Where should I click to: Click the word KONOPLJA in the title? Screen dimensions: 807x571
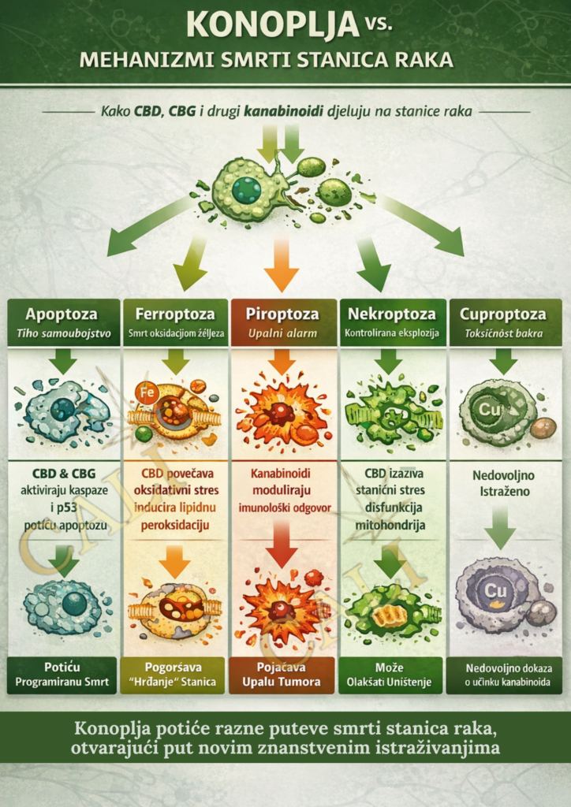[x=273, y=25]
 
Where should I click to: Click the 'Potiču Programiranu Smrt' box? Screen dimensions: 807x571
[x=62, y=675]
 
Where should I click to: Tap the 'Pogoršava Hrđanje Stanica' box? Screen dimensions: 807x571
[x=175, y=675]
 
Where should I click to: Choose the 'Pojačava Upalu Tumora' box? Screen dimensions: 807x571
[x=282, y=675]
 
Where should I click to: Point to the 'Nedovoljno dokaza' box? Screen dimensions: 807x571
[x=502, y=675]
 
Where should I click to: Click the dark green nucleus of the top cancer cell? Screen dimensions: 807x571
[x=246, y=190]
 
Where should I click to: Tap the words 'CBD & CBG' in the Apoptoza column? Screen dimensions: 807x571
[x=62, y=474]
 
